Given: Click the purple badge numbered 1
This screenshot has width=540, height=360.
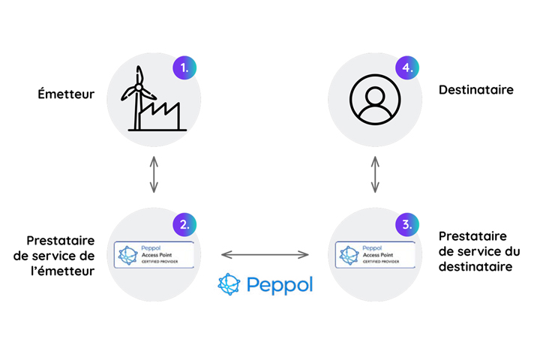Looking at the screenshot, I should (x=184, y=68).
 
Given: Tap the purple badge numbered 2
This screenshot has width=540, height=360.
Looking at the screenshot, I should (x=184, y=223).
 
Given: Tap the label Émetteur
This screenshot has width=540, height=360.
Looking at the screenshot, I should (x=66, y=94).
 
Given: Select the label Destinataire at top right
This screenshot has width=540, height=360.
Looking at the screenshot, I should (x=475, y=90).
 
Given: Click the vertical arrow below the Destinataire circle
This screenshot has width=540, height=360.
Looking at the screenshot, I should (x=373, y=174).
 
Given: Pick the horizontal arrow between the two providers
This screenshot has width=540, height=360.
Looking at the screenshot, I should (x=265, y=255).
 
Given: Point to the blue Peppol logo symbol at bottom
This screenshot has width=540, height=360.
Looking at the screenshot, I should (x=230, y=284).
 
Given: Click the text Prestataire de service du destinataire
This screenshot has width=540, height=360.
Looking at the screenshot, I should (x=478, y=250).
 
